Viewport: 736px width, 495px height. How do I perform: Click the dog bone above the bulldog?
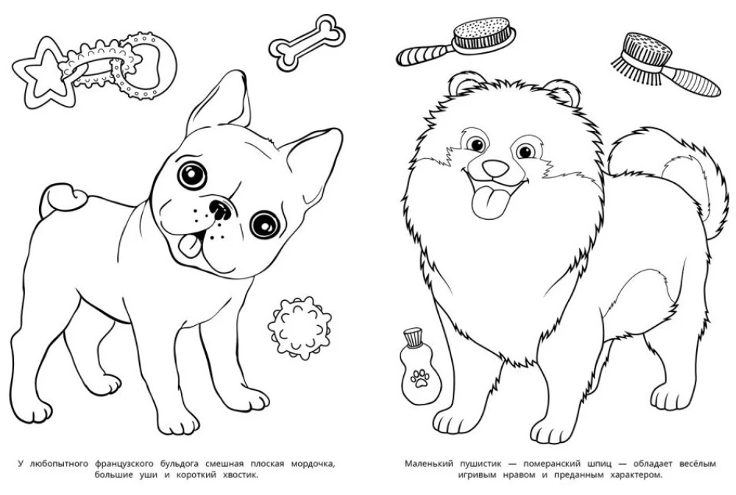(306, 43)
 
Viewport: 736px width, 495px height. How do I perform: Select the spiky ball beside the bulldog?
(300, 329)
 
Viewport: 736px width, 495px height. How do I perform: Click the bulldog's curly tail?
(60, 198)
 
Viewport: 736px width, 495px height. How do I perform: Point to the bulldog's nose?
(219, 210)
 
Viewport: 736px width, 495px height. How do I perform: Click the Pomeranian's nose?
(495, 168)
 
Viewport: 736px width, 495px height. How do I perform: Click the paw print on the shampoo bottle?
(420, 378)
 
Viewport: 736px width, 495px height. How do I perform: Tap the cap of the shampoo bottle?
(413, 338)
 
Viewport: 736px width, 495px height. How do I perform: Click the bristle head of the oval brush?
(484, 35)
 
